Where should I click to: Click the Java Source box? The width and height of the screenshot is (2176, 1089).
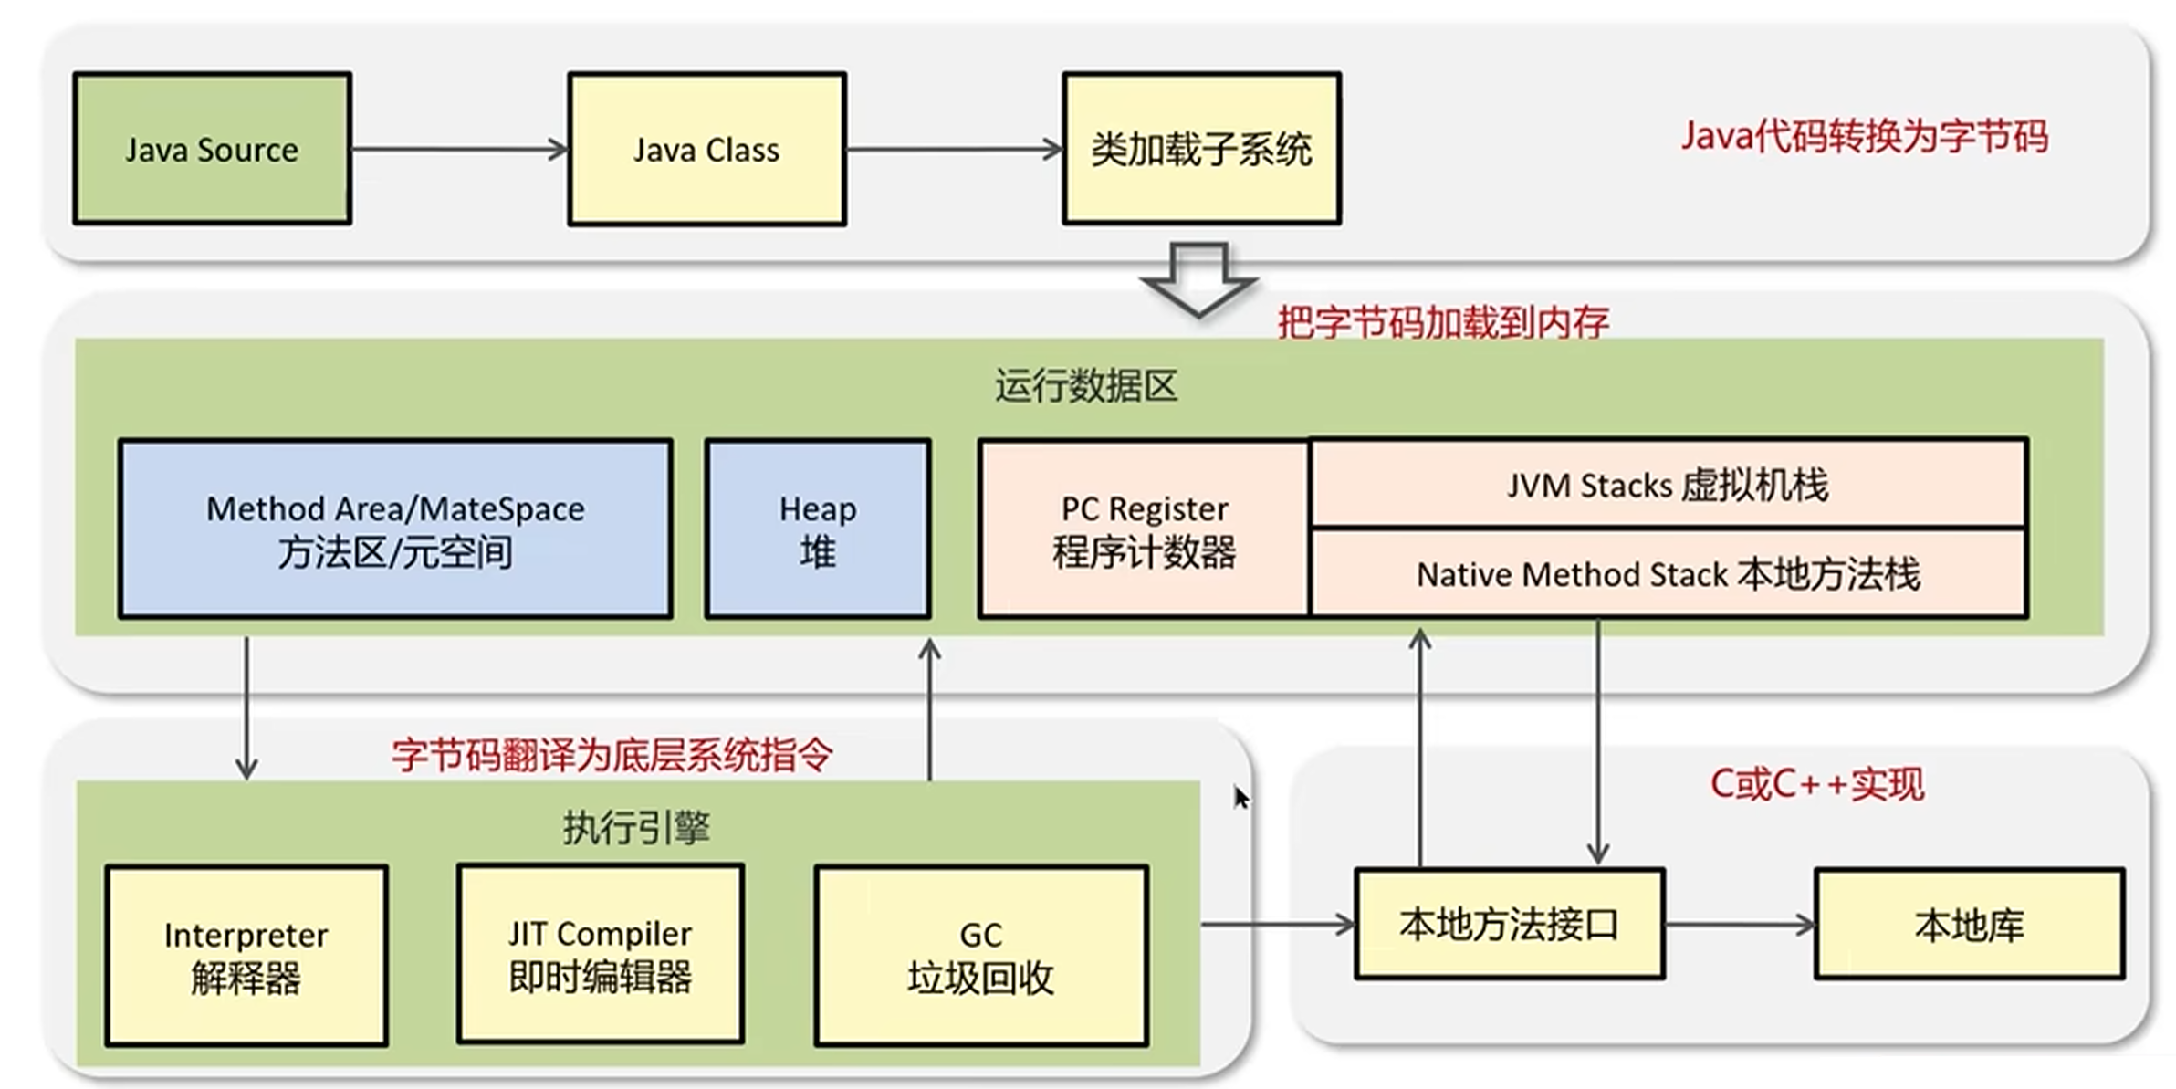tap(212, 149)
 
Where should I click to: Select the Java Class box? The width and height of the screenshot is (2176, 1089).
tap(706, 149)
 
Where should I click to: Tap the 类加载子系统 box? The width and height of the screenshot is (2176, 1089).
tap(1201, 149)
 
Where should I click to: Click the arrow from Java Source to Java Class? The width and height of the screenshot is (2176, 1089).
tap(459, 149)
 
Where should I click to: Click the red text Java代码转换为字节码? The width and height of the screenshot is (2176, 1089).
tap(1864, 137)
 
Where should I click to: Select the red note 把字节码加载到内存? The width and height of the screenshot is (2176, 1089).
tap(1442, 322)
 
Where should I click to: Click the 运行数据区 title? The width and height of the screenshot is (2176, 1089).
tap(1086, 386)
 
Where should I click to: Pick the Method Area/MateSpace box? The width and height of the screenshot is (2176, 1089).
tap(395, 529)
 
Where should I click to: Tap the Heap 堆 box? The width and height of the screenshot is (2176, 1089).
tap(818, 529)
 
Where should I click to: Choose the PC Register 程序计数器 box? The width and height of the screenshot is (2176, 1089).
tap(1144, 529)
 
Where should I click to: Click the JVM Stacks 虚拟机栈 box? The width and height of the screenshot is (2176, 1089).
tap(1668, 484)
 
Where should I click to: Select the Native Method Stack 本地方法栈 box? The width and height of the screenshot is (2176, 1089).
tap(1668, 574)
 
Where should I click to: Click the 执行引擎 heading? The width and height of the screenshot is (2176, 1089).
tap(636, 828)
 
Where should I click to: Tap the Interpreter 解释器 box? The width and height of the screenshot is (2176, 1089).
tap(246, 955)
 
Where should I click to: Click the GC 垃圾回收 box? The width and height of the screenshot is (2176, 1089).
tap(981, 955)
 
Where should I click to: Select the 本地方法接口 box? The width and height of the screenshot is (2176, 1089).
tap(1510, 924)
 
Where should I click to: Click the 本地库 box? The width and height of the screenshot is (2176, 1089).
tap(1970, 925)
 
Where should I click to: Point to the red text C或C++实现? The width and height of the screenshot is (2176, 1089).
tap(1816, 784)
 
